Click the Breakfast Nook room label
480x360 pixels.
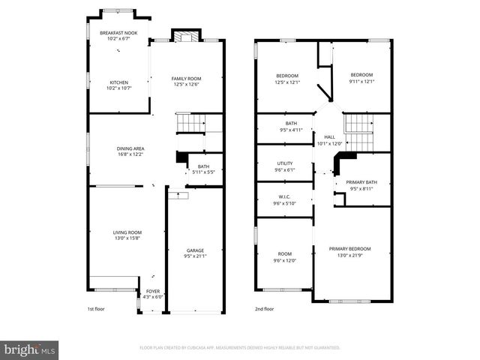pyautogui.click(x=118, y=33)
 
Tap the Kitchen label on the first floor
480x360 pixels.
pyautogui.click(x=118, y=82)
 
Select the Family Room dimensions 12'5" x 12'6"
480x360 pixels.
pyautogui.click(x=187, y=85)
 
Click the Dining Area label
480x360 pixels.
pyautogui.click(x=130, y=148)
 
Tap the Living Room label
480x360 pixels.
pyautogui.click(x=127, y=232)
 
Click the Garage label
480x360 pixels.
pyautogui.click(x=195, y=250)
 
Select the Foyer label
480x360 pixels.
pyautogui.click(x=152, y=291)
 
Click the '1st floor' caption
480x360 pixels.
pyautogui.click(x=97, y=308)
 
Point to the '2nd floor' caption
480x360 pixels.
pyautogui.click(x=264, y=308)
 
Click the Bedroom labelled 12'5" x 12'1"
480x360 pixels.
pyautogui.click(x=287, y=75)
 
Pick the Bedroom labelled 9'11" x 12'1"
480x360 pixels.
pyautogui.click(x=361, y=75)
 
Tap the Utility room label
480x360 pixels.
pyautogui.click(x=285, y=163)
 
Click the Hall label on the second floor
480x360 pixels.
pyautogui.click(x=329, y=137)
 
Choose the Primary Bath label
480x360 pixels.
pyautogui.click(x=361, y=181)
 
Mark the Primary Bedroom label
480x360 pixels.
pyautogui.click(x=349, y=248)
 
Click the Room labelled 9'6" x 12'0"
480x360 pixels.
pyautogui.click(x=285, y=253)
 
